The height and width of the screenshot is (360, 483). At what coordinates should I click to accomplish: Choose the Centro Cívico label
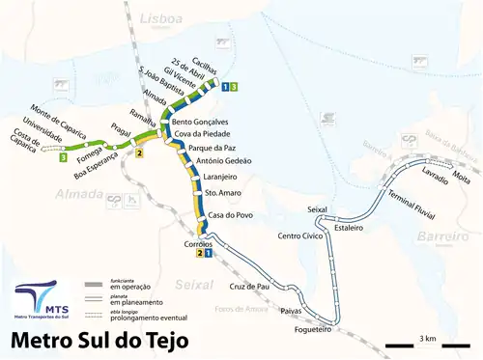299,235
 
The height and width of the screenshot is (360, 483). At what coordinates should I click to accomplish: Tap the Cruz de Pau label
248,287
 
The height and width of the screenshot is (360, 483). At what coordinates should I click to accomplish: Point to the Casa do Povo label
231,215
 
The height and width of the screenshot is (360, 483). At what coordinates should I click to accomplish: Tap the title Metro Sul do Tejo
107,340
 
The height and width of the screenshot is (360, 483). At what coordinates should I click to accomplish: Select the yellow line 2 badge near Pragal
139,153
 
